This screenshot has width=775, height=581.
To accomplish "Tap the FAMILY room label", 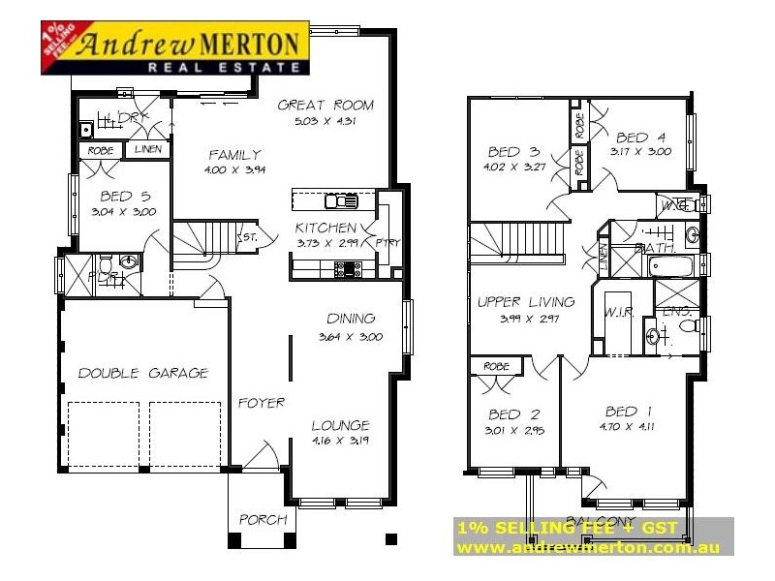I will click(234, 154).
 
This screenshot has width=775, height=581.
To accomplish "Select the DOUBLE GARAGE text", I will click(142, 373).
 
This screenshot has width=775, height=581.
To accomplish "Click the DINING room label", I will click(351, 319).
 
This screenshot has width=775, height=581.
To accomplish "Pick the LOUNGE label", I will click(340, 425).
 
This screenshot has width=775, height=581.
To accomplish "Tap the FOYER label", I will click(262, 403).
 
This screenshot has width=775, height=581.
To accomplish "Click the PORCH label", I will click(263, 520).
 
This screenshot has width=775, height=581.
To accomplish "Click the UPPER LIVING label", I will click(526, 302).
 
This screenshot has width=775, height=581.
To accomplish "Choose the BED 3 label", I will click(513, 151).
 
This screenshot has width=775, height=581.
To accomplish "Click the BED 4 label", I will click(640, 137).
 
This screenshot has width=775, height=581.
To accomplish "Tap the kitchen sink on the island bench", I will click(340, 201).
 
